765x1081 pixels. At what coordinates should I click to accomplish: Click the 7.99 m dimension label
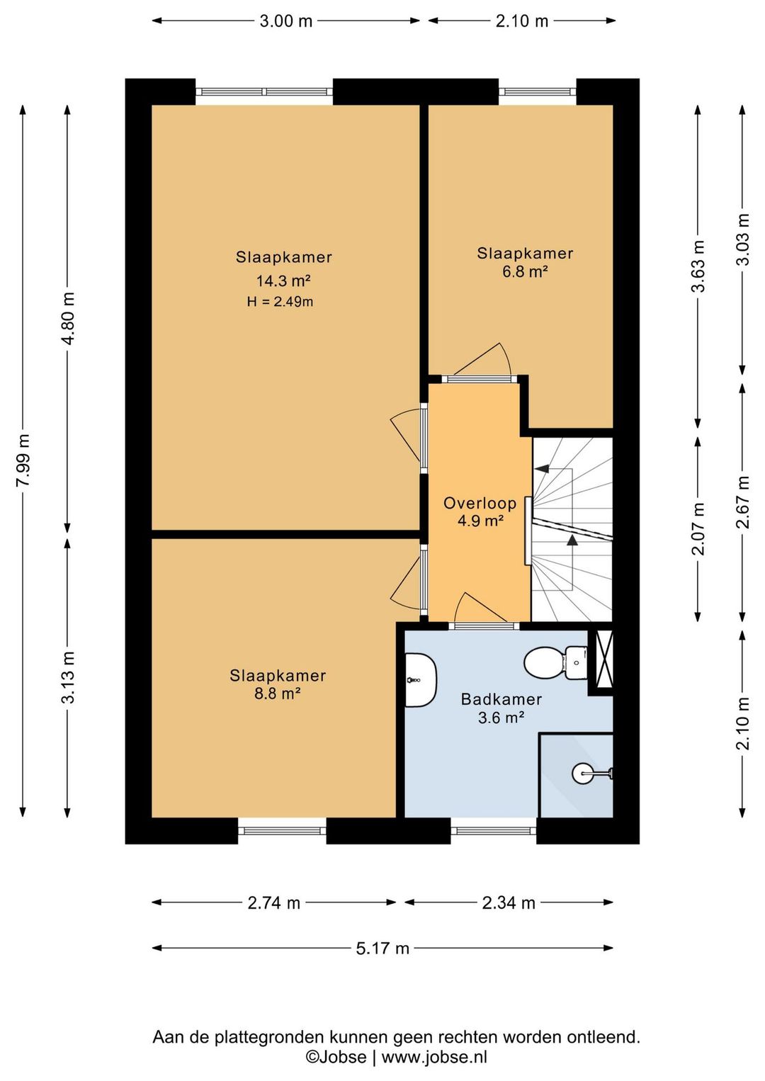click(x=23, y=460)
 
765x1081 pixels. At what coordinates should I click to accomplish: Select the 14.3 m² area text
click(x=283, y=280)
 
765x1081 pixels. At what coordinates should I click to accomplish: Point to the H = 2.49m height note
click(x=280, y=302)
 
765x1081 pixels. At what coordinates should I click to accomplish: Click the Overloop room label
click(x=480, y=504)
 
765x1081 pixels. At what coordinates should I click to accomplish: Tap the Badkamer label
click(x=501, y=699)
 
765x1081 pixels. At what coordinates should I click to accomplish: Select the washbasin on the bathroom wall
click(x=420, y=679)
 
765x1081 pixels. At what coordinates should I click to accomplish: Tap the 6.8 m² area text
click(x=525, y=272)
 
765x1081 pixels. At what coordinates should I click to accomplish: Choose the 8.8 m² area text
click(x=278, y=694)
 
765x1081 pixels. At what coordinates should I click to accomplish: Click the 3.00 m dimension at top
click(x=286, y=21)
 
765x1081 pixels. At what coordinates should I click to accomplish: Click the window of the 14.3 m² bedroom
click(x=264, y=91)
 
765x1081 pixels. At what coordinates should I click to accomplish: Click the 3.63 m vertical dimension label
click(x=698, y=266)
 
